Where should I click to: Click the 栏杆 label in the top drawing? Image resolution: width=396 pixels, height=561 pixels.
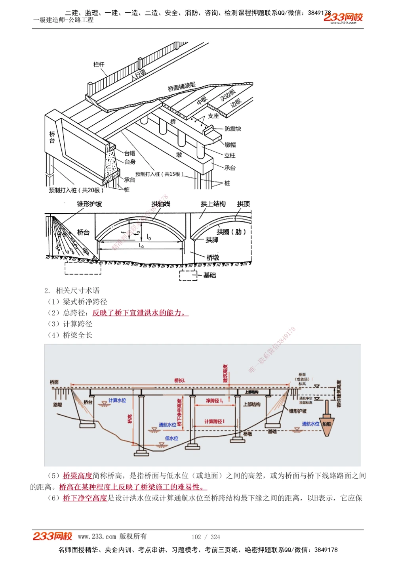pyautogui.click(x=99, y=64)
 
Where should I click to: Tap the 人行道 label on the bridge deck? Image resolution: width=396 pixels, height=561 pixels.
pyautogui.click(x=139, y=74)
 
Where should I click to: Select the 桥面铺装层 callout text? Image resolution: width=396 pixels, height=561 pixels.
pyautogui.click(x=181, y=86)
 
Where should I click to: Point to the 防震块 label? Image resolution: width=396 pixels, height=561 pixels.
pyautogui.click(x=232, y=129)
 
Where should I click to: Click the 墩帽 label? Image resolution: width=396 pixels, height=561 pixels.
pyautogui.click(x=230, y=145)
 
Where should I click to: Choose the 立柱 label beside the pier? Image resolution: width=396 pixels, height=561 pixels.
pyautogui.click(x=230, y=155)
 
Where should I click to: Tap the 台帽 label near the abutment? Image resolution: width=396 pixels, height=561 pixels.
pyautogui.click(x=129, y=153)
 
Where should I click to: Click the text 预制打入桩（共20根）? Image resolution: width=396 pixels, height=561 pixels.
pyautogui.click(x=76, y=190)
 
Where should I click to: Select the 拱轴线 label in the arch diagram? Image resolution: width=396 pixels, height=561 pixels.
pyautogui.click(x=161, y=204)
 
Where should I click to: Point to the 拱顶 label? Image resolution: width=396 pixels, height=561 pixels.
pyautogui.click(x=243, y=204)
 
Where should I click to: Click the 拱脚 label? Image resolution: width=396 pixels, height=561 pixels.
pyautogui.click(x=212, y=240)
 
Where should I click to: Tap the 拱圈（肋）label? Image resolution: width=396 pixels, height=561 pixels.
pyautogui.click(x=231, y=232)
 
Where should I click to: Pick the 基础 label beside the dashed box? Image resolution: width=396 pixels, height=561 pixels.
pyautogui.click(x=209, y=275)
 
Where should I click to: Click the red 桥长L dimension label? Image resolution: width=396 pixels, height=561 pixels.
pyautogui.click(x=180, y=381)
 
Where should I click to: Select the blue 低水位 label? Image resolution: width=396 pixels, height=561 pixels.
pyautogui.click(x=171, y=438)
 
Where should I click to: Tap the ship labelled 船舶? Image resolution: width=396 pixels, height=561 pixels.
pyautogui.click(x=327, y=424)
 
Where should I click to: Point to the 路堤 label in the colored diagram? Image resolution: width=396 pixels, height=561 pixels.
pyautogui.click(x=58, y=405)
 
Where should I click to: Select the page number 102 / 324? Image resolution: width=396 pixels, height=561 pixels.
pyautogui.click(x=206, y=537)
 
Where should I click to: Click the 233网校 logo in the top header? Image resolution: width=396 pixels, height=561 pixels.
pyautogui.click(x=343, y=17)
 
